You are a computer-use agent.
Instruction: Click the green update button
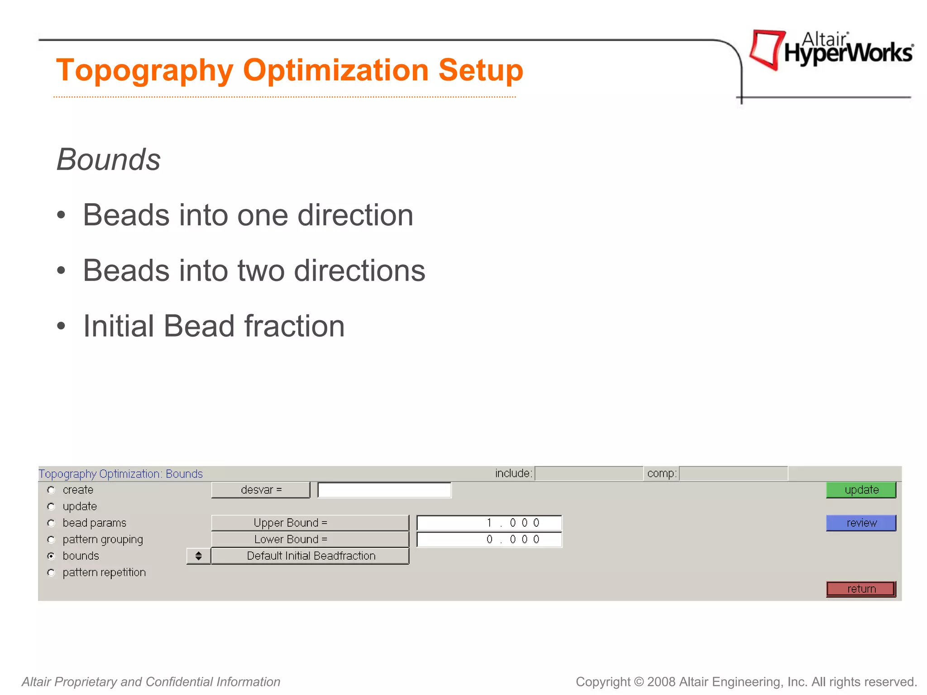coord(860,490)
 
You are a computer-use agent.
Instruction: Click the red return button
coord(860,589)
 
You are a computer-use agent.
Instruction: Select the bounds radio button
coord(51,556)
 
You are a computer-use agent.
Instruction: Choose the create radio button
coord(51,490)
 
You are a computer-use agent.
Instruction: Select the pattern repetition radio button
coord(51,572)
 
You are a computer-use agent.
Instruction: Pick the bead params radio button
coord(51,523)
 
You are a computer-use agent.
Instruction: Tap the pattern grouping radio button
coord(51,539)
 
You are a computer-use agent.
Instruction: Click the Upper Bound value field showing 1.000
coord(489,523)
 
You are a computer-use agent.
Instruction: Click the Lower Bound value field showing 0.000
coord(489,539)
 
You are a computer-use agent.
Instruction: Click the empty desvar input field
coord(384,490)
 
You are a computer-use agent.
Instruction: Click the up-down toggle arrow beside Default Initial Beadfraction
coord(198,556)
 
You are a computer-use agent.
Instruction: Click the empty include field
coord(588,473)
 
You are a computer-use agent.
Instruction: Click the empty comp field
coord(733,473)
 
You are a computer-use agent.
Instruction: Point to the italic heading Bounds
coord(109,160)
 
